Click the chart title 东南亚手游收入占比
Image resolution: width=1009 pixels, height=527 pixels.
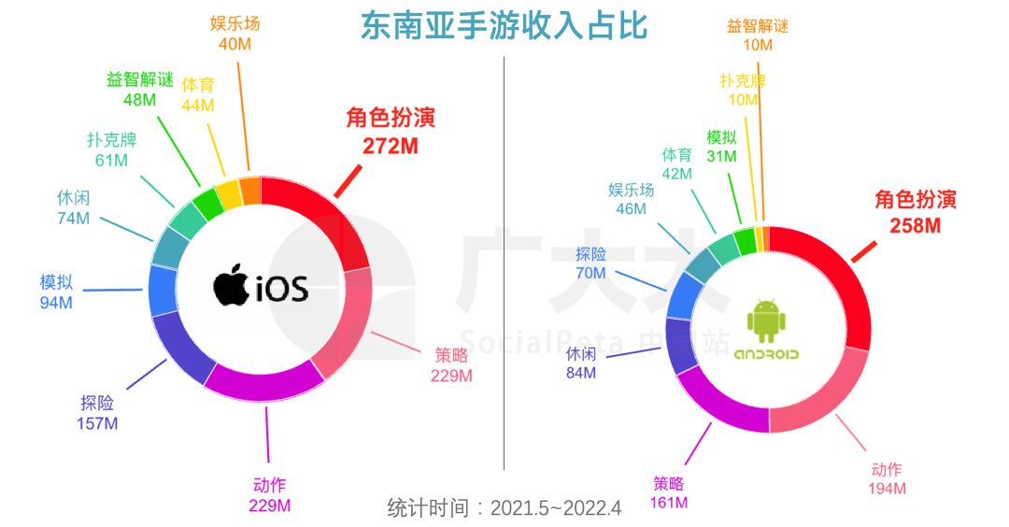[504, 25]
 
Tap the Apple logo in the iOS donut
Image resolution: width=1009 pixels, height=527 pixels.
[231, 285]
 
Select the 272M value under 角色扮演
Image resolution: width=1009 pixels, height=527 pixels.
[391, 146]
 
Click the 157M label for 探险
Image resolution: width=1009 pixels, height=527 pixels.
[97, 423]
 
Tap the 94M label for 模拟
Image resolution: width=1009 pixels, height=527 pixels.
[56, 302]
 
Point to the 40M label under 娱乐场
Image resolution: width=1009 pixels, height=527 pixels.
[234, 43]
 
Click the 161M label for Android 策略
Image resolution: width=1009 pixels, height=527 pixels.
[668, 503]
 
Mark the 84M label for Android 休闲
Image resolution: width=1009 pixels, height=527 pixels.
[579, 374]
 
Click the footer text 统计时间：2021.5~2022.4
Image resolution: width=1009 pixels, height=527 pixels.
[504, 508]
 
